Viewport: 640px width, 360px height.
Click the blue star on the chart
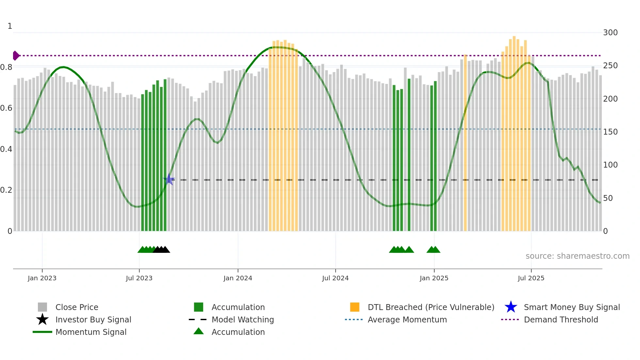pos(169,179)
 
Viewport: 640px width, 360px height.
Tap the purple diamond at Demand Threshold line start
pos(16,56)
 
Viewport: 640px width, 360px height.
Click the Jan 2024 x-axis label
pos(238,278)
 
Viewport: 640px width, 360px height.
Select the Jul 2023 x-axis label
pos(139,278)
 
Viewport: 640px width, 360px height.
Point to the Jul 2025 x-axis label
pos(531,278)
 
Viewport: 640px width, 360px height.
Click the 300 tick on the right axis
pos(610,33)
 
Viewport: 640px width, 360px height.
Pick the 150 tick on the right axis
pos(610,132)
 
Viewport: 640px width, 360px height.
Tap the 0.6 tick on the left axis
pos(6,108)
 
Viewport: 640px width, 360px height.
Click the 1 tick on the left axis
pos(10,26)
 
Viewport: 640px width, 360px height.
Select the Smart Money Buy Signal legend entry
pos(571,307)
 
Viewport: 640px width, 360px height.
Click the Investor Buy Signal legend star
pos(42,319)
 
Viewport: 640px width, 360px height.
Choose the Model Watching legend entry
pos(242,319)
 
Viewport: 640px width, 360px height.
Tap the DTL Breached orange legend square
pos(355,307)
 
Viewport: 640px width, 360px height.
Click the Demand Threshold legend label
pos(561,319)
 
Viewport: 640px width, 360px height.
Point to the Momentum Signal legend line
pos(42,332)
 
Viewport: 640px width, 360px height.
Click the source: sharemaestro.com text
pos(577,256)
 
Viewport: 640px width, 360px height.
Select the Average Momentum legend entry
pos(407,319)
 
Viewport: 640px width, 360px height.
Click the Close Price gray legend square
pos(42,307)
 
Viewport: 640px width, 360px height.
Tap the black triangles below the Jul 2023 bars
pos(161,250)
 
